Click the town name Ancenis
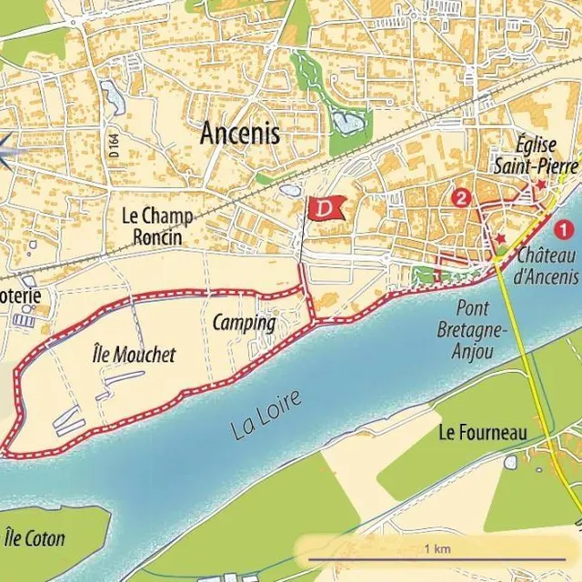(x=240, y=134)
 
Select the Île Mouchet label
(x=135, y=355)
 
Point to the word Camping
(x=244, y=323)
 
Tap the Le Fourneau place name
(x=482, y=433)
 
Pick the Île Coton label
(x=35, y=537)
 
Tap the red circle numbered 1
(x=564, y=230)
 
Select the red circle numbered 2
(x=462, y=196)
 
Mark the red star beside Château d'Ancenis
(x=499, y=238)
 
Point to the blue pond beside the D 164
(x=113, y=96)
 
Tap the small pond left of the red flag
(x=289, y=191)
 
